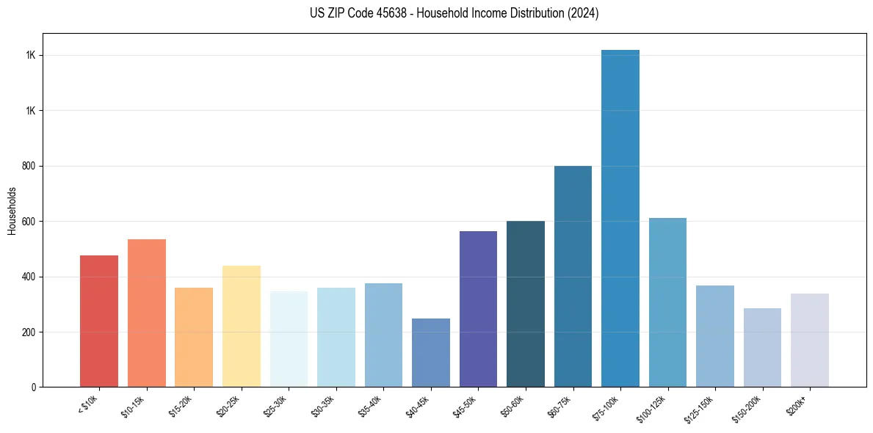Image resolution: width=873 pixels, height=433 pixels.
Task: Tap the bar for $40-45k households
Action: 431,353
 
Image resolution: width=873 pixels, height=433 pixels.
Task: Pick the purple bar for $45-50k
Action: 478,309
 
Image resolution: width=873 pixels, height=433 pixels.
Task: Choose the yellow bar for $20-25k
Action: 242,327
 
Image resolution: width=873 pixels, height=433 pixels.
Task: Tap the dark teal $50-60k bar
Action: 526,304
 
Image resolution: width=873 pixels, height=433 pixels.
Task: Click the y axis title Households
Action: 12,211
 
